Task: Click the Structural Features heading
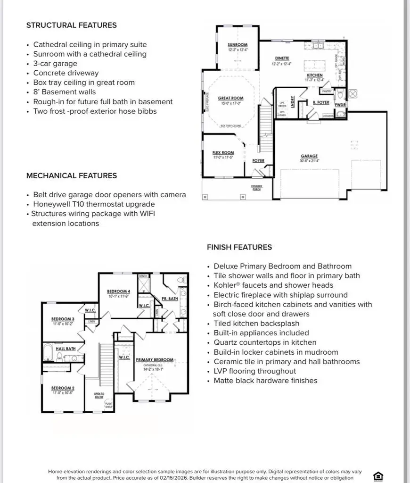pos(71,25)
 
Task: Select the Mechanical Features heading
pos(71,175)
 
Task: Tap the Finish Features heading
pos(239,247)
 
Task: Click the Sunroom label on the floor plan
pos(237,45)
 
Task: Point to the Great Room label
pos(230,98)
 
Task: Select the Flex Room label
pos(223,152)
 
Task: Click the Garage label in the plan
pos(309,156)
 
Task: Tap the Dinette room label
pos(282,58)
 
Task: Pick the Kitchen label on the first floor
pos(315,75)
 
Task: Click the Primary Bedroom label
pos(155,359)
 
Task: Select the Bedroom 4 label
pos(118,291)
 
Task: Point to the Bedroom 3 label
pos(63,319)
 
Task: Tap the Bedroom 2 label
pos(63,388)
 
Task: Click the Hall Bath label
pos(66,349)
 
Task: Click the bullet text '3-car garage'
pos(55,64)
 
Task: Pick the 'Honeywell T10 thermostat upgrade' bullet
pos(94,204)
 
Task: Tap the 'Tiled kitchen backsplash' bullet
pos(256,323)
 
